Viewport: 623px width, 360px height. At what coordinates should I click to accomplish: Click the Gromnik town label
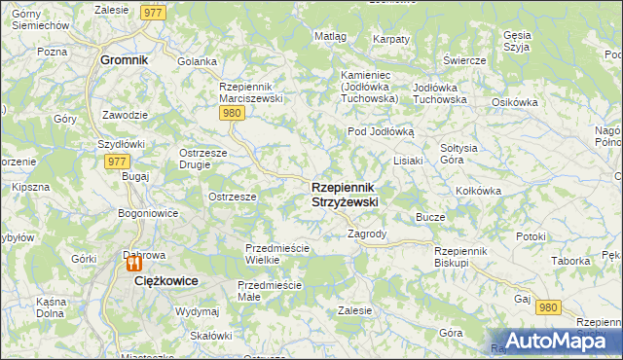click(x=125, y=59)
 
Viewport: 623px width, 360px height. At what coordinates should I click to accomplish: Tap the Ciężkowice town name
click(x=165, y=280)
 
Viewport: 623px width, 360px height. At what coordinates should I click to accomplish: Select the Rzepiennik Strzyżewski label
click(x=345, y=194)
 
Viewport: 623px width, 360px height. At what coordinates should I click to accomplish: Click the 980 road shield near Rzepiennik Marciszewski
click(x=231, y=114)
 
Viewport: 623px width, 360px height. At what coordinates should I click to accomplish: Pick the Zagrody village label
click(x=367, y=234)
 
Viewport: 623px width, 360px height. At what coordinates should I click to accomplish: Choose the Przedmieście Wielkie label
click(x=276, y=254)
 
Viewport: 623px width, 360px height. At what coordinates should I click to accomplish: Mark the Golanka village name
click(x=197, y=61)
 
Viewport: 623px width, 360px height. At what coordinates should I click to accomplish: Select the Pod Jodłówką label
click(x=381, y=131)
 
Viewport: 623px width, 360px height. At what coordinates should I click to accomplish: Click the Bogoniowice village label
click(x=147, y=212)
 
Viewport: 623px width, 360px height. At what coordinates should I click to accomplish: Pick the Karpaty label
click(x=391, y=39)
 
